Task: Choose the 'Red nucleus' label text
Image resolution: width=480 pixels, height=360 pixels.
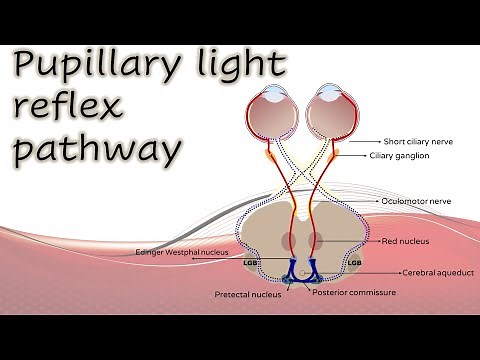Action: coord(406,241)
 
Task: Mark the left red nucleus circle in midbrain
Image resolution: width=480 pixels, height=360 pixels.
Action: coord(288,241)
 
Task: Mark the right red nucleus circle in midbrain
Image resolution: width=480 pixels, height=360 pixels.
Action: coord(316,241)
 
